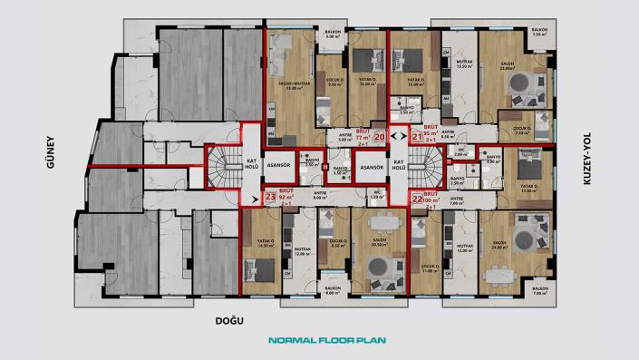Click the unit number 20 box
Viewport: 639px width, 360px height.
pyautogui.click(x=379, y=137)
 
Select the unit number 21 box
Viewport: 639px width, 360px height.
pyautogui.click(x=417, y=137)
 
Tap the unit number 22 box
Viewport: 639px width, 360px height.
pyautogui.click(x=417, y=198)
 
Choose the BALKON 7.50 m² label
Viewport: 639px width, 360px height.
pyautogui.click(x=540, y=33)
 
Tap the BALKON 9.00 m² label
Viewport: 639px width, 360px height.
pyautogui.click(x=333, y=291)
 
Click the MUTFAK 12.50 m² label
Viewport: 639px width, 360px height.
pyautogui.click(x=466, y=64)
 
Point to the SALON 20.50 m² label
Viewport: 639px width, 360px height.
pyautogui.click(x=379, y=242)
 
